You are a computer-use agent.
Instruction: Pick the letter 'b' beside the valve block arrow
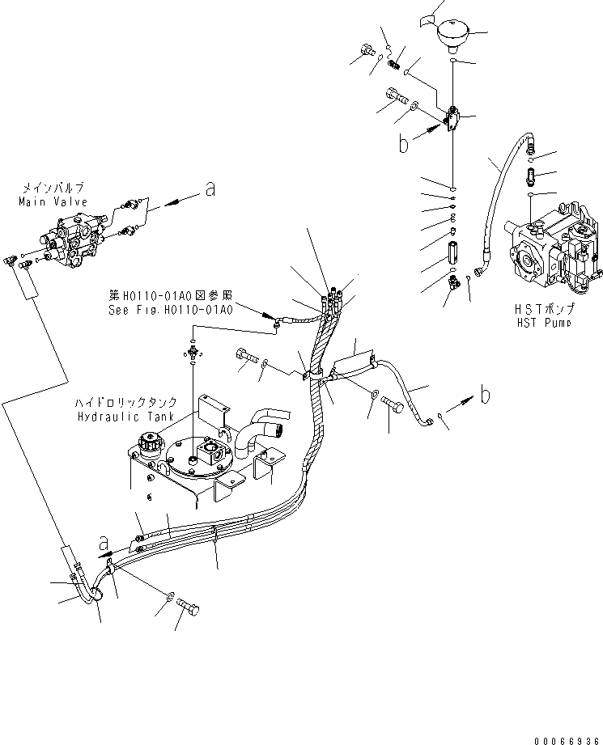pyautogui.click(x=404, y=144)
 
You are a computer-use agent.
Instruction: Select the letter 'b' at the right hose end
pyautogui.click(x=485, y=396)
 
